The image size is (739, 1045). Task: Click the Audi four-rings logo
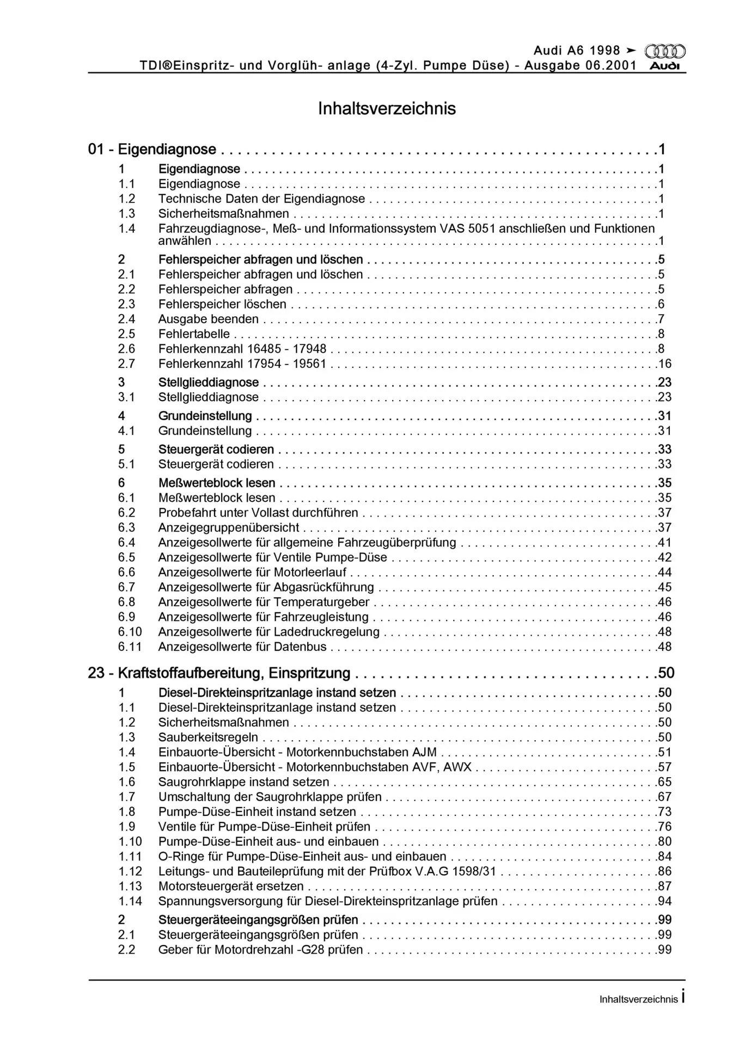point(664,51)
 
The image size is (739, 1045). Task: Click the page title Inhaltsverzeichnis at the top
point(387,108)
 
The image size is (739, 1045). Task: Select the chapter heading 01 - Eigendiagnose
point(152,149)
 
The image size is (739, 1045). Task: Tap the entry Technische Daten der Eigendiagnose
point(261,199)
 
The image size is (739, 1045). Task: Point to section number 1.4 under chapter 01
point(127,229)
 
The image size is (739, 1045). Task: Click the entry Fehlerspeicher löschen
point(222,304)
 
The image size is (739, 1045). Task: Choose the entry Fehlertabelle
point(194,334)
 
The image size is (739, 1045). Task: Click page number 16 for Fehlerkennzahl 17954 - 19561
point(664,364)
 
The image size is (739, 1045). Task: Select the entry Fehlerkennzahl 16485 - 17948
point(242,349)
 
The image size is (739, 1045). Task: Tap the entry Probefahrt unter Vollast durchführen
point(258,513)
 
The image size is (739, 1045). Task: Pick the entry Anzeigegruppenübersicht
point(229,527)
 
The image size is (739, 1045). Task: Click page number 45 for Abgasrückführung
point(664,587)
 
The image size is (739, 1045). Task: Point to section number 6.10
point(130,632)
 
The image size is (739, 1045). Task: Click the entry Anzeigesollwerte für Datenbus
point(242,647)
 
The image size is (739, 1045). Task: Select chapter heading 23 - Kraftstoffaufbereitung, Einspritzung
point(219,673)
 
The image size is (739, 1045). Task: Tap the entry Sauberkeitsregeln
point(208,737)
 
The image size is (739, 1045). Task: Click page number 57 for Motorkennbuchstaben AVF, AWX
point(664,767)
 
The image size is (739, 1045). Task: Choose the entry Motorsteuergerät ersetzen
point(231,886)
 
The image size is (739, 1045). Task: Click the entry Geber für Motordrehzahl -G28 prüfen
point(260,950)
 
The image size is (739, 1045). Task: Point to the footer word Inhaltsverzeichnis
point(638,999)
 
